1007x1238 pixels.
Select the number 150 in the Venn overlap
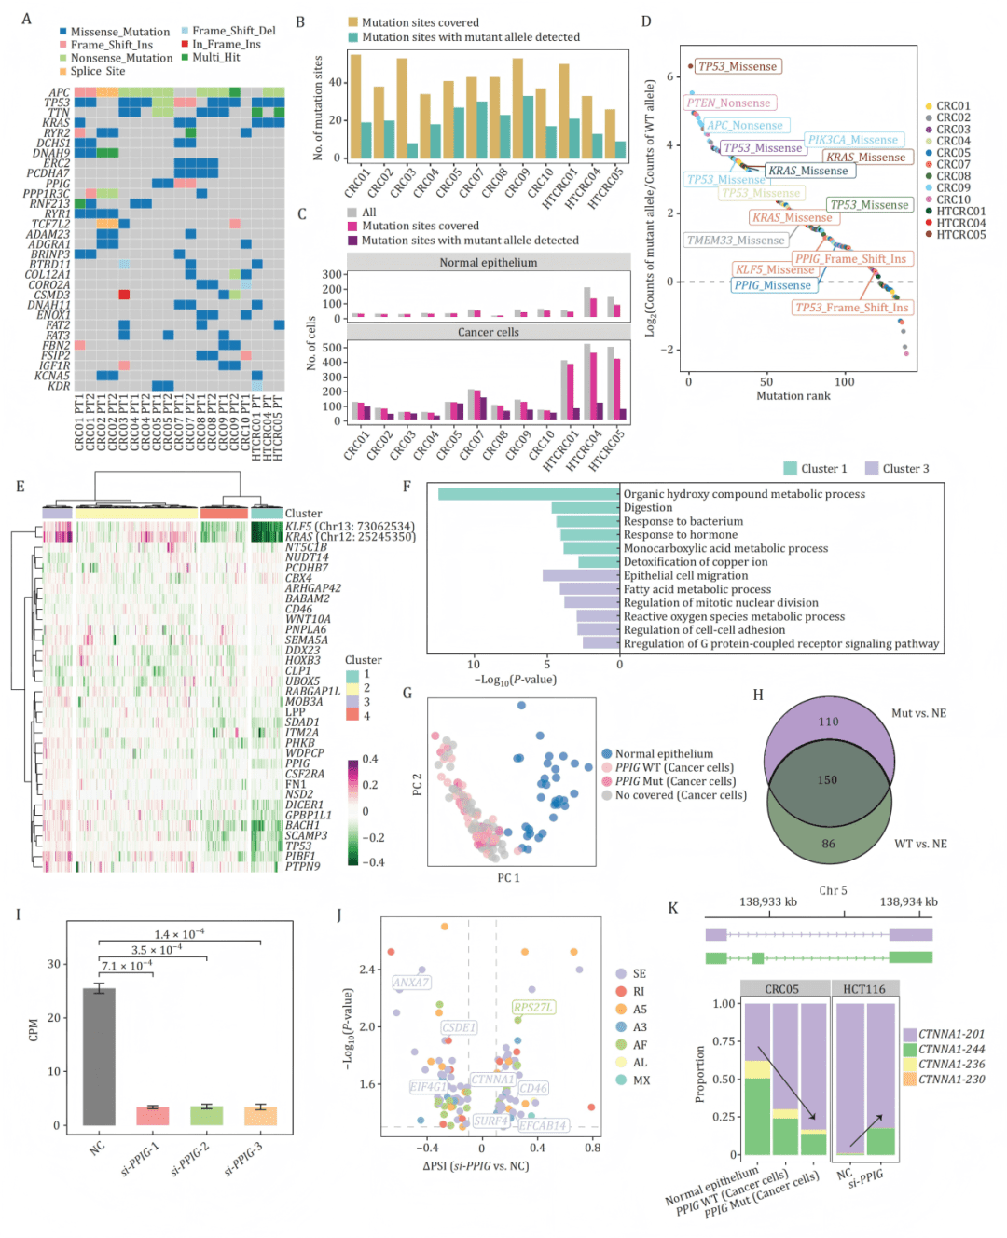827,780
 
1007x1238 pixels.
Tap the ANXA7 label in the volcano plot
411,983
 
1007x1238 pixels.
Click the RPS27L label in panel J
533,1007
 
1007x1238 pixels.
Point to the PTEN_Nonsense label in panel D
729,103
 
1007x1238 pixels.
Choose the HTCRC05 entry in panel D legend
960,235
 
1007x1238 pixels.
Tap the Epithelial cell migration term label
685,576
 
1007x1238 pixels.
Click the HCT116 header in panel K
864,989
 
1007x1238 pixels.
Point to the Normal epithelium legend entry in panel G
664,754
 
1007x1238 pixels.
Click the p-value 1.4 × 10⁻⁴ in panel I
179,935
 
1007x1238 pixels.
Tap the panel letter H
758,695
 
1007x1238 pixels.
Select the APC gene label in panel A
59,93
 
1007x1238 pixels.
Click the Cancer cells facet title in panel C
488,333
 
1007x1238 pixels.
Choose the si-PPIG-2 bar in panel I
207,1115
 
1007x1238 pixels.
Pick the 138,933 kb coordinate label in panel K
768,902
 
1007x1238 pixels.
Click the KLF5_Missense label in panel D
776,269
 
